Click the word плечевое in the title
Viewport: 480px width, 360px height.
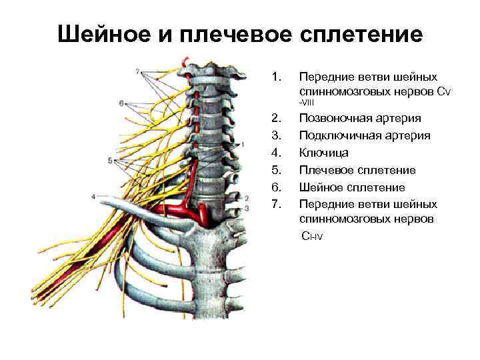tap(229, 34)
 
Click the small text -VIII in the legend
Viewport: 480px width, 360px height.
tap(307, 103)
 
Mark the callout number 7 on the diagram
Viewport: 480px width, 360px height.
tap(137, 71)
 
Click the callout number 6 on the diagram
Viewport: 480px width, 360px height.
tap(121, 103)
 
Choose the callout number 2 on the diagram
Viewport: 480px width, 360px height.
tap(247, 198)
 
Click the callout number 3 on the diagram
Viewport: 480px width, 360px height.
tap(247, 208)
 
